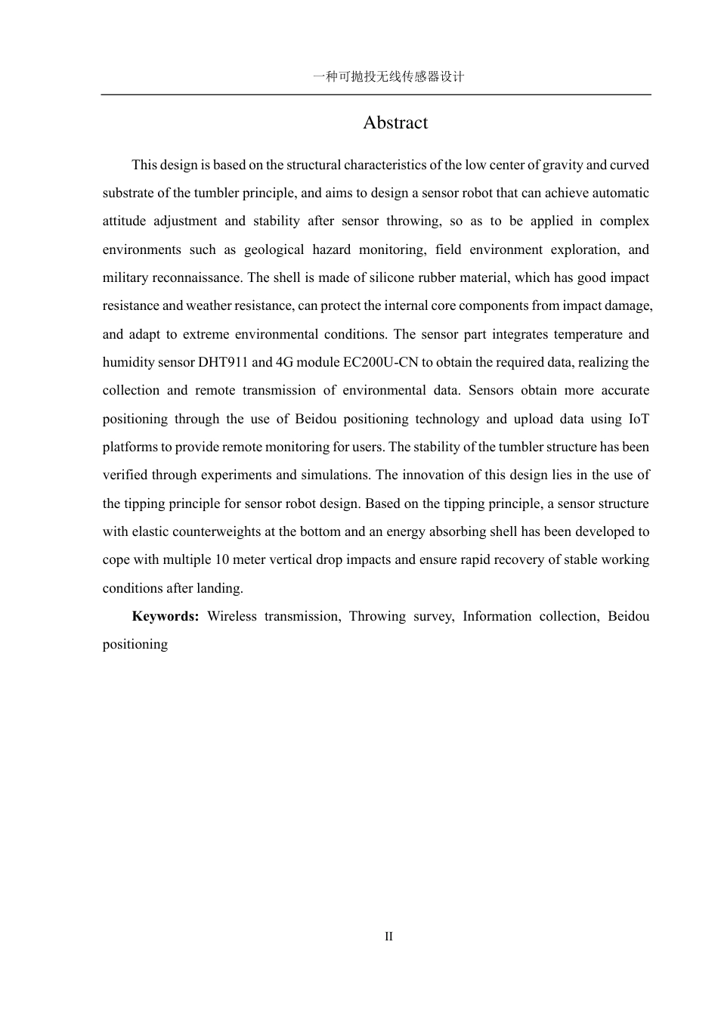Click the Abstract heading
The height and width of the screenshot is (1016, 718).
click(x=395, y=122)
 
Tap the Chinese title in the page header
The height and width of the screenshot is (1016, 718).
click(x=388, y=76)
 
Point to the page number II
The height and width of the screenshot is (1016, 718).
click(x=388, y=937)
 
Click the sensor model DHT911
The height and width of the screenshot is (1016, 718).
click(x=223, y=362)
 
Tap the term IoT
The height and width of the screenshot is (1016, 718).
click(x=639, y=419)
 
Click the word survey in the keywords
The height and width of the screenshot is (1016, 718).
click(x=433, y=616)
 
